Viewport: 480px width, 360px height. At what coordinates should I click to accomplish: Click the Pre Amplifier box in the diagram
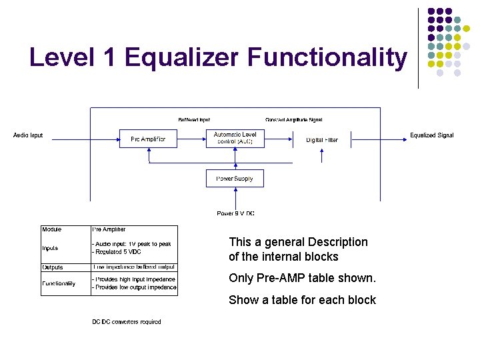coord(148,139)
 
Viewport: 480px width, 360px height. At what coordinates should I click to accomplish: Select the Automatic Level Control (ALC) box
coord(235,139)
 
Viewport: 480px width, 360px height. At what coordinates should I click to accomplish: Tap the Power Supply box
coord(235,179)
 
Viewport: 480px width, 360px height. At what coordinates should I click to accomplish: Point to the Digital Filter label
coord(322,140)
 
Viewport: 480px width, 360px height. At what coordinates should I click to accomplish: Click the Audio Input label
coord(28,135)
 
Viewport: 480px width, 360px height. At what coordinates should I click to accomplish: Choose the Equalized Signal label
coord(431,135)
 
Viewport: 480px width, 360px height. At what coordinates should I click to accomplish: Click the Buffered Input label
coord(194,120)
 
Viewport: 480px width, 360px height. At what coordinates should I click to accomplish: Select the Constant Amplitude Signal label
coord(293,120)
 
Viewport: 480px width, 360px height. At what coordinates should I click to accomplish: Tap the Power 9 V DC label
coord(235,213)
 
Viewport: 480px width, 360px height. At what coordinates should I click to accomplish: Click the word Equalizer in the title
coord(182,58)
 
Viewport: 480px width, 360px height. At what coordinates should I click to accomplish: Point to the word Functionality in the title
coord(327,58)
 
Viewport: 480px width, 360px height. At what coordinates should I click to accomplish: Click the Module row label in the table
coord(52,229)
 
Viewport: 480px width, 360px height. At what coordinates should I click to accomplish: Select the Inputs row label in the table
coord(50,248)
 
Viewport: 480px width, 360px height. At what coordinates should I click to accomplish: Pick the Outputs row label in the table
coord(53,267)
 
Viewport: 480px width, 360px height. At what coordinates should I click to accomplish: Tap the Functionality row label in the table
coord(59,283)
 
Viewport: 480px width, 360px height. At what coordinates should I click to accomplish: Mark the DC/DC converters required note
coord(127,322)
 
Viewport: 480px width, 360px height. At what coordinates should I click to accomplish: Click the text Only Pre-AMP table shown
coord(302,278)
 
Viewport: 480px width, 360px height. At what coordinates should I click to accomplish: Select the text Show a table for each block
coord(302,300)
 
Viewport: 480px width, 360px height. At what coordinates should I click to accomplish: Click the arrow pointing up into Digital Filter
coord(322,155)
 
